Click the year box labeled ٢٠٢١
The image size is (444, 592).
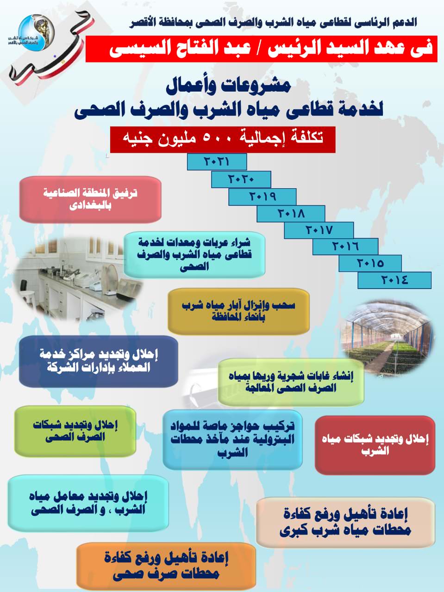coord(217,162)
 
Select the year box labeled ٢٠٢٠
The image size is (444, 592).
coord(241,179)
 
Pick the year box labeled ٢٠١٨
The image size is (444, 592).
coord(291,213)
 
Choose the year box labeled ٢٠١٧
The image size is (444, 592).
coord(319,230)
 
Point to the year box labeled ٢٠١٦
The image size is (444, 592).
coord(345,247)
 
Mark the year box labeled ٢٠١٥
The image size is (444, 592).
coord(370,263)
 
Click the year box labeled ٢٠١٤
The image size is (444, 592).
coord(394,280)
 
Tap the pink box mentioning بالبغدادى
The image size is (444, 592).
coord(90,200)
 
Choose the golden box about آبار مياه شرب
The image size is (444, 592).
coord(238,311)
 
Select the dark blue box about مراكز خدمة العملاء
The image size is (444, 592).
coord(99,361)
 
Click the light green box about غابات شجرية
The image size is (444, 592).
coord(291,382)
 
